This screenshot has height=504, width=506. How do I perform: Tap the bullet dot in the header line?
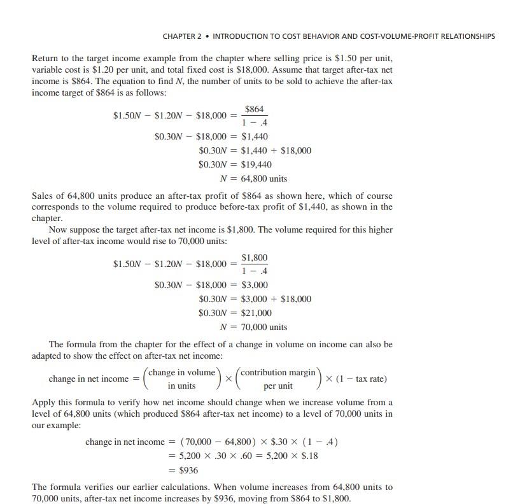pyautogui.click(x=208, y=36)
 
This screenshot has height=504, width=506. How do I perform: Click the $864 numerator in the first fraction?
pyautogui.click(x=255, y=110)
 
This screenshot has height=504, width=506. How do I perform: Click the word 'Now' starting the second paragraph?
pyautogui.click(x=59, y=229)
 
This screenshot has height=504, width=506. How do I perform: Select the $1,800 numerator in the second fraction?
pyautogui.click(x=255, y=257)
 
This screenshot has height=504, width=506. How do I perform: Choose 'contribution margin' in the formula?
pyautogui.click(x=278, y=372)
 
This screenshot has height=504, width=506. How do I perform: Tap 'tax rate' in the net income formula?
pyautogui.click(x=369, y=379)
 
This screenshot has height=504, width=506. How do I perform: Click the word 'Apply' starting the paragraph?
pyautogui.click(x=44, y=403)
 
